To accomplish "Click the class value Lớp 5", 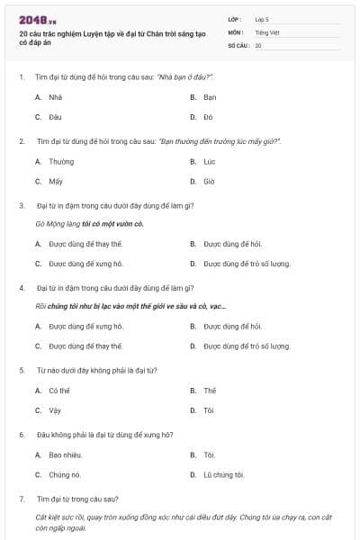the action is tap(262, 19).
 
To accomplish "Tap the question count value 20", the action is tap(258, 44).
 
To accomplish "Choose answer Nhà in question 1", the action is tap(55, 97).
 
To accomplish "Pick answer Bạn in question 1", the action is tap(210, 97).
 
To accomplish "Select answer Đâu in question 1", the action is tap(55, 117).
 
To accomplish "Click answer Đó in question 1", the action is tap(208, 117).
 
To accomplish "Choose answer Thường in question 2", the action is tap(61, 161).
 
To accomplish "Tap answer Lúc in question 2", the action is tap(210, 161).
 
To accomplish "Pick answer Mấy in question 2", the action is tap(56, 181).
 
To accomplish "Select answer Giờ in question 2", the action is tap(209, 181).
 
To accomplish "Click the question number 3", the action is tap(21, 205).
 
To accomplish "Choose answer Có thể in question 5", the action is tap(59, 391).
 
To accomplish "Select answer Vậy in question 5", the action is tap(55, 410).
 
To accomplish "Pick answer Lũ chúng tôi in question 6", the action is tap(223, 474).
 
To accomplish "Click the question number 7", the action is tap(21, 499).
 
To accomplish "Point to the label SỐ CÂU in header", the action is tap(238, 44).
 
